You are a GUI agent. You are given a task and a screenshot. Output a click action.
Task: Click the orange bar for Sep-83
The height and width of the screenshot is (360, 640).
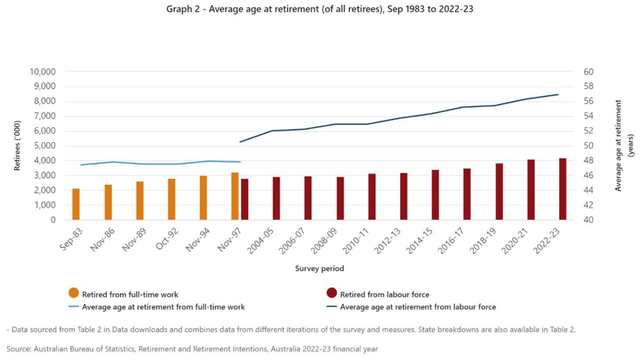pos(76,204)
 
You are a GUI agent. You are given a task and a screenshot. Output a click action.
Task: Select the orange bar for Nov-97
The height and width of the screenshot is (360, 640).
pos(235,196)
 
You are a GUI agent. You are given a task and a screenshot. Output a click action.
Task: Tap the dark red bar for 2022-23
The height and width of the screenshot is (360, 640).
pos(563,189)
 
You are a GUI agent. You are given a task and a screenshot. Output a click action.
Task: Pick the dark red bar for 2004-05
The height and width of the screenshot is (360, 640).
pos(276,198)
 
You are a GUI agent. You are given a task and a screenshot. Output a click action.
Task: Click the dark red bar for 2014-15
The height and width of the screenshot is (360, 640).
pos(435,195)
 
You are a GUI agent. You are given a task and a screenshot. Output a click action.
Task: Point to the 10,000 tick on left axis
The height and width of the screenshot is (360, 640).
pos(49,72)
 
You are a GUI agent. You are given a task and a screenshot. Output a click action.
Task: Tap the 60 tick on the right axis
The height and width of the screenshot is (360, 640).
pos(580,72)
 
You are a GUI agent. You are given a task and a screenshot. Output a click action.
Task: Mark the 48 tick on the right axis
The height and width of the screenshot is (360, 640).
pos(580,161)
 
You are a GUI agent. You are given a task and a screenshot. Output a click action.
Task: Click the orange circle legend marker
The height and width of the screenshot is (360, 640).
pos(74,293)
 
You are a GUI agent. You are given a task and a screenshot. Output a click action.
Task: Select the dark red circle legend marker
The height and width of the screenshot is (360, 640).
pos(332,293)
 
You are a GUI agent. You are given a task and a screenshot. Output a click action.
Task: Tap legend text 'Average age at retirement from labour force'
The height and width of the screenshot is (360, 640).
pos(418,307)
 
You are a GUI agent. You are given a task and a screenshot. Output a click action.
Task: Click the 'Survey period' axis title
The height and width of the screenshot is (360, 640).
pos(319,269)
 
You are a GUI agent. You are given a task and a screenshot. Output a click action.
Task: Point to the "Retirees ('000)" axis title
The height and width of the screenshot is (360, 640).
pos(17,146)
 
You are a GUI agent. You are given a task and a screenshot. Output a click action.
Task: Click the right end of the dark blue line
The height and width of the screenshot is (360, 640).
pos(558,95)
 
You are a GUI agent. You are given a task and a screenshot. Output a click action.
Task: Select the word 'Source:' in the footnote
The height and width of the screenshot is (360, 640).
pos(19,349)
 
